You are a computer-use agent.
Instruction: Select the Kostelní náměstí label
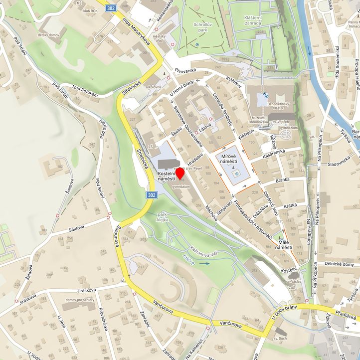click(166, 176)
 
